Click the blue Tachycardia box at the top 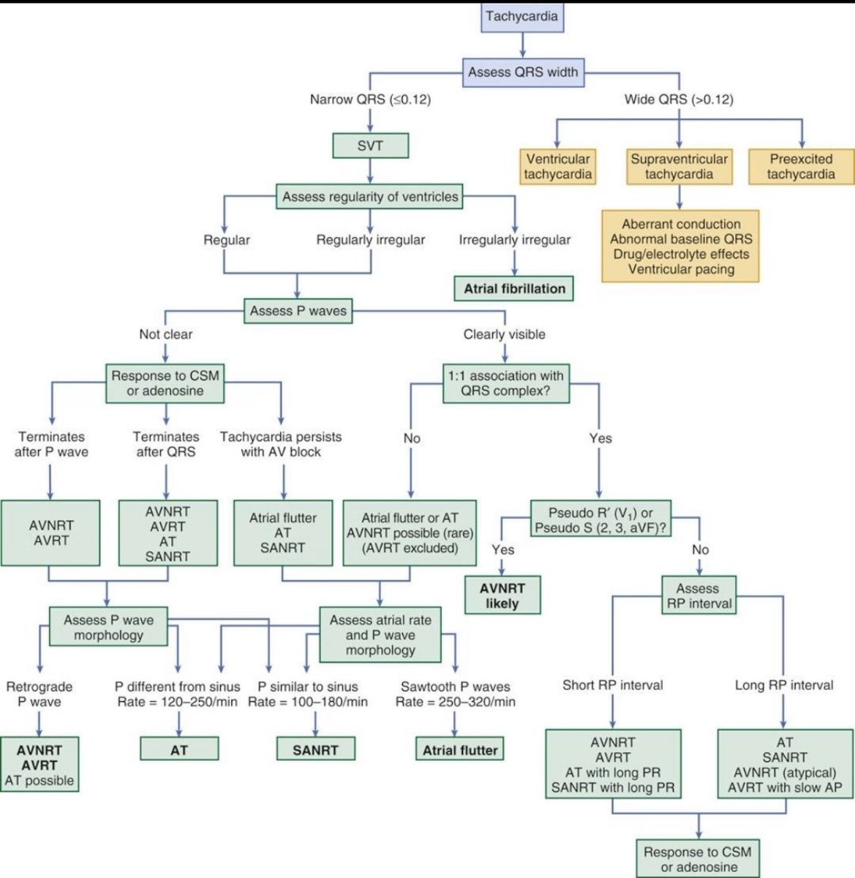coord(521,17)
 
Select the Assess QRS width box coord(522,72)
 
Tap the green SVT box coord(370,146)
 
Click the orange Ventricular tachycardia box coord(558,166)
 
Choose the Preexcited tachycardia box coord(801,166)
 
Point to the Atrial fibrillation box coord(514,288)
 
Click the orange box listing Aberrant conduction coord(680,247)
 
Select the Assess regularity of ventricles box coord(370,196)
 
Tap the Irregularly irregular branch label coord(514,239)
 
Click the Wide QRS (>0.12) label coord(679,99)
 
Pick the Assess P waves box coord(298,311)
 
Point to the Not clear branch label coord(166,334)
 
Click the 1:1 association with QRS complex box coord(505,383)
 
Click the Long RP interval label coord(783,686)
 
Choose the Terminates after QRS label coord(166,444)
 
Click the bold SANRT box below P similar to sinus coord(315,750)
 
